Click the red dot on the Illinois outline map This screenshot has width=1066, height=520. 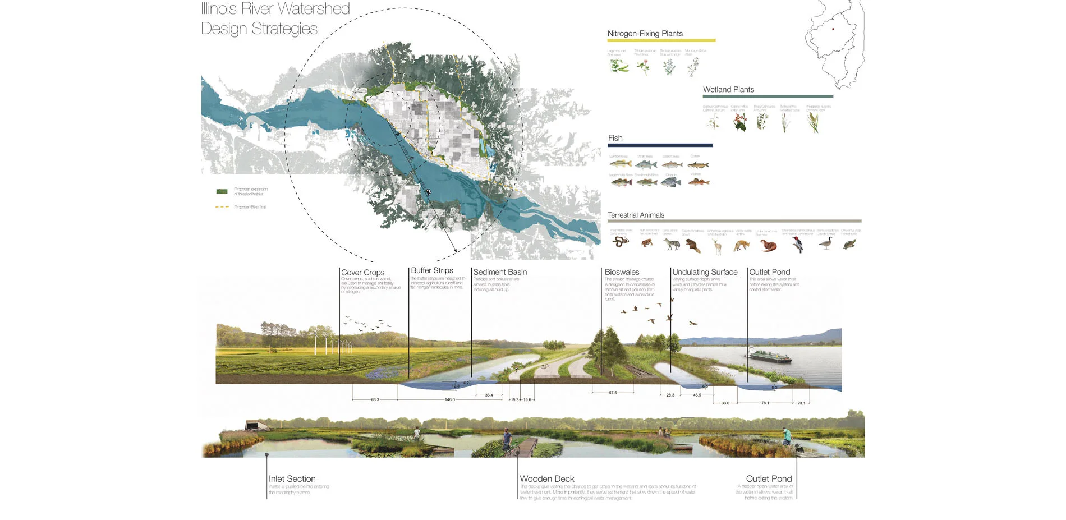[833, 29]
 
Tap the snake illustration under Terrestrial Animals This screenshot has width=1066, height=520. [620, 242]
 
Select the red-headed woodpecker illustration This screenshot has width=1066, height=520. [798, 243]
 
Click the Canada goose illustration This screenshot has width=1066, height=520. [825, 243]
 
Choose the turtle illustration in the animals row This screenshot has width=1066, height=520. [849, 244]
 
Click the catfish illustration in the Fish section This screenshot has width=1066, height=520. [698, 165]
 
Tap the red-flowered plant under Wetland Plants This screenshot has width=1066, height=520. [740, 122]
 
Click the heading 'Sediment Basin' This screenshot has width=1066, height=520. [500, 272]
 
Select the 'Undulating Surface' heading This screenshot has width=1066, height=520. [705, 272]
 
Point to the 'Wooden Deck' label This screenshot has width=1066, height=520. [547, 479]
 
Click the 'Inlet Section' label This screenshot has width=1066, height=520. [292, 479]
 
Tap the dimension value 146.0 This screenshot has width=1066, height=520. [449, 400]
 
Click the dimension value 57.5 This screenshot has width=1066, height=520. [613, 393]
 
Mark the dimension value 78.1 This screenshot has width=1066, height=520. [765, 403]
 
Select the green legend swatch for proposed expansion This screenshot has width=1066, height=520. [222, 191]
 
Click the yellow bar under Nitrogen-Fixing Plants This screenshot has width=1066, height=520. [661, 40]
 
